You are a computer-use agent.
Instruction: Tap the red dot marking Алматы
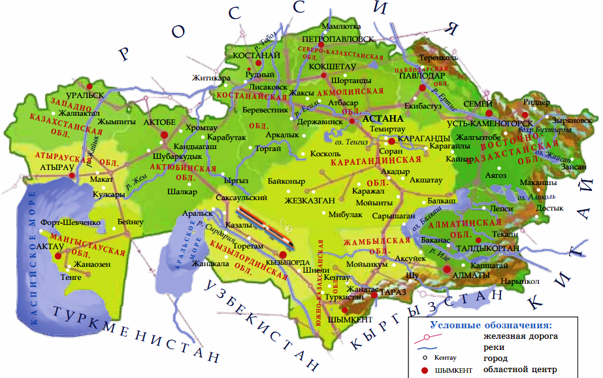[447, 269]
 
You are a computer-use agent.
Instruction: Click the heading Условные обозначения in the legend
[491, 325]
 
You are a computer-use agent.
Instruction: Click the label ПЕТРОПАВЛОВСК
[338, 39]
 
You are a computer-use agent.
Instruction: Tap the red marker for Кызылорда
[283, 255]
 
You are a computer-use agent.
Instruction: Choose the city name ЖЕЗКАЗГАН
[310, 201]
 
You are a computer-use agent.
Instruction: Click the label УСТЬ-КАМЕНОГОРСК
[490, 123]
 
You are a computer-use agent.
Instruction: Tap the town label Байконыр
[287, 180]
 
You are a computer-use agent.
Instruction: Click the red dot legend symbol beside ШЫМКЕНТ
[424, 371]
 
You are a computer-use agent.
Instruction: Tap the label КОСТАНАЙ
[257, 56]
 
